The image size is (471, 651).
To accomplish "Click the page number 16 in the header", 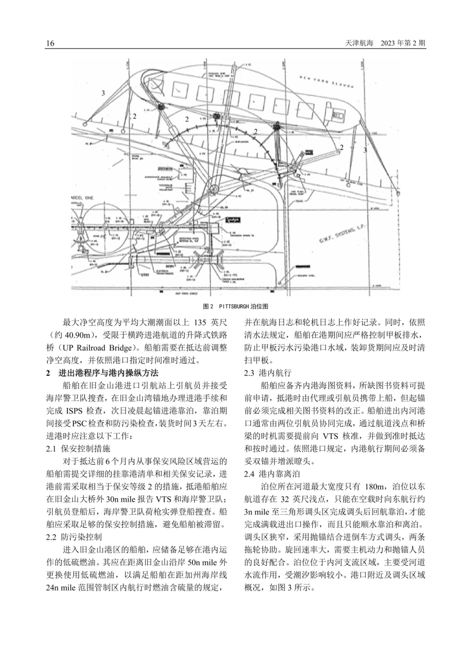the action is click(x=50, y=43).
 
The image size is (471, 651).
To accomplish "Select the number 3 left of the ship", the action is click(x=103, y=93).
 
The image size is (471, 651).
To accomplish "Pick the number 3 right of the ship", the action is click(x=365, y=150).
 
